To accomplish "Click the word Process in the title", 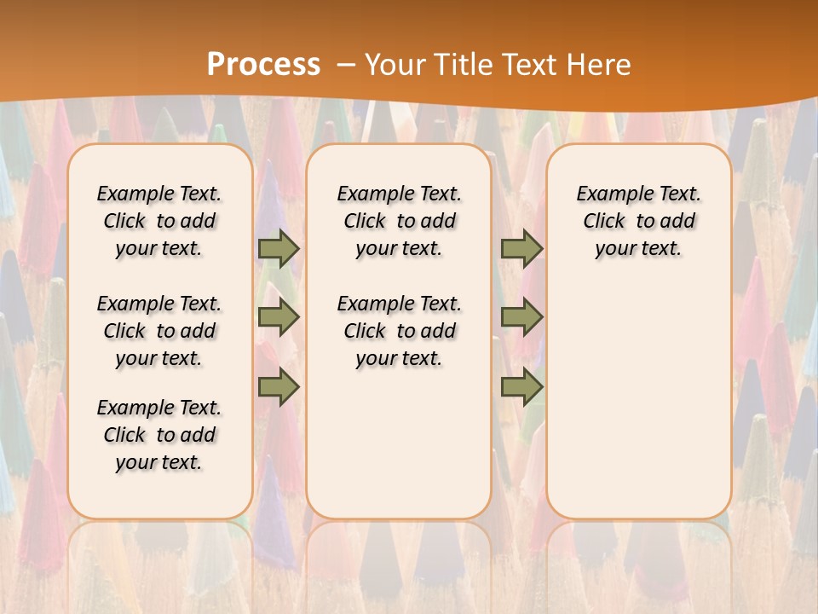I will (263, 65).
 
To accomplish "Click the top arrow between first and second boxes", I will (279, 248).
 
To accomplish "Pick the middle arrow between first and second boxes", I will (279, 317).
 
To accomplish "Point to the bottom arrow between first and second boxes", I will (279, 387).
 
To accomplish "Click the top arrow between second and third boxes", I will (521, 248).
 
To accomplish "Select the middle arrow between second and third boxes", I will (521, 317).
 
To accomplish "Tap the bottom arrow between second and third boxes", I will (521, 387).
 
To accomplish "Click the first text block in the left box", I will (159, 221).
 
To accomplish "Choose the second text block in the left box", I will (159, 331).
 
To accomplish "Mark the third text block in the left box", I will (159, 435).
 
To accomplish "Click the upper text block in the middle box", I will (400, 221).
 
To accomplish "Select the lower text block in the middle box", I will (400, 331).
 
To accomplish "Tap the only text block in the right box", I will (639, 221).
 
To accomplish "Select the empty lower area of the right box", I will (639, 401).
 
